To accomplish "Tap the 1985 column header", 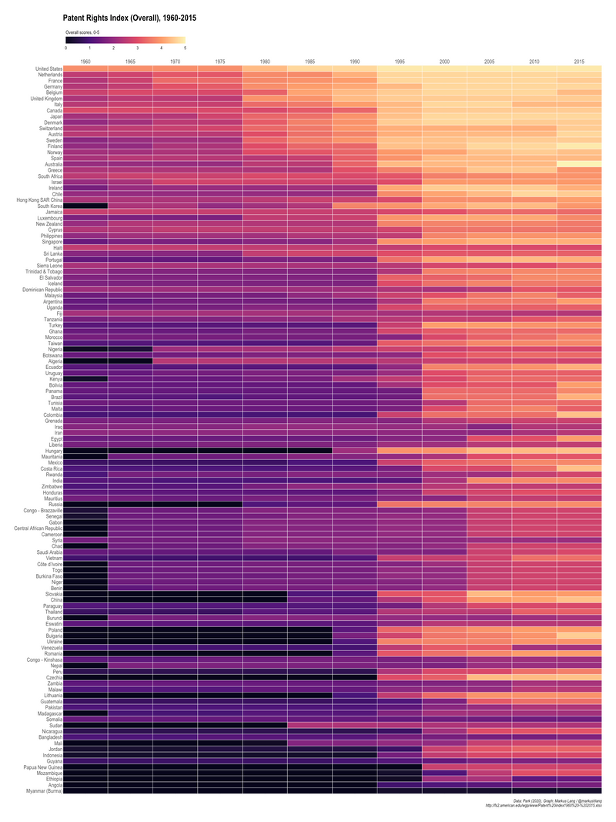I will pos(310,61).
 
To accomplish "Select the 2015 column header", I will pos(579,61).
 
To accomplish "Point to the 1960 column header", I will pos(85,61).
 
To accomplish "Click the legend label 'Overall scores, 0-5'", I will pos(82,32).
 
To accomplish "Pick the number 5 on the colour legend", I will pos(185,48).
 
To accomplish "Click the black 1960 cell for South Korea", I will pos(85,206).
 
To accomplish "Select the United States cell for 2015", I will pos(579,69).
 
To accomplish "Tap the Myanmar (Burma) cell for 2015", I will pos(579,791).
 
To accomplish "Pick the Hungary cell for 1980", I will pos(265,451).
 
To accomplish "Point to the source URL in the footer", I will pos(543,806).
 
